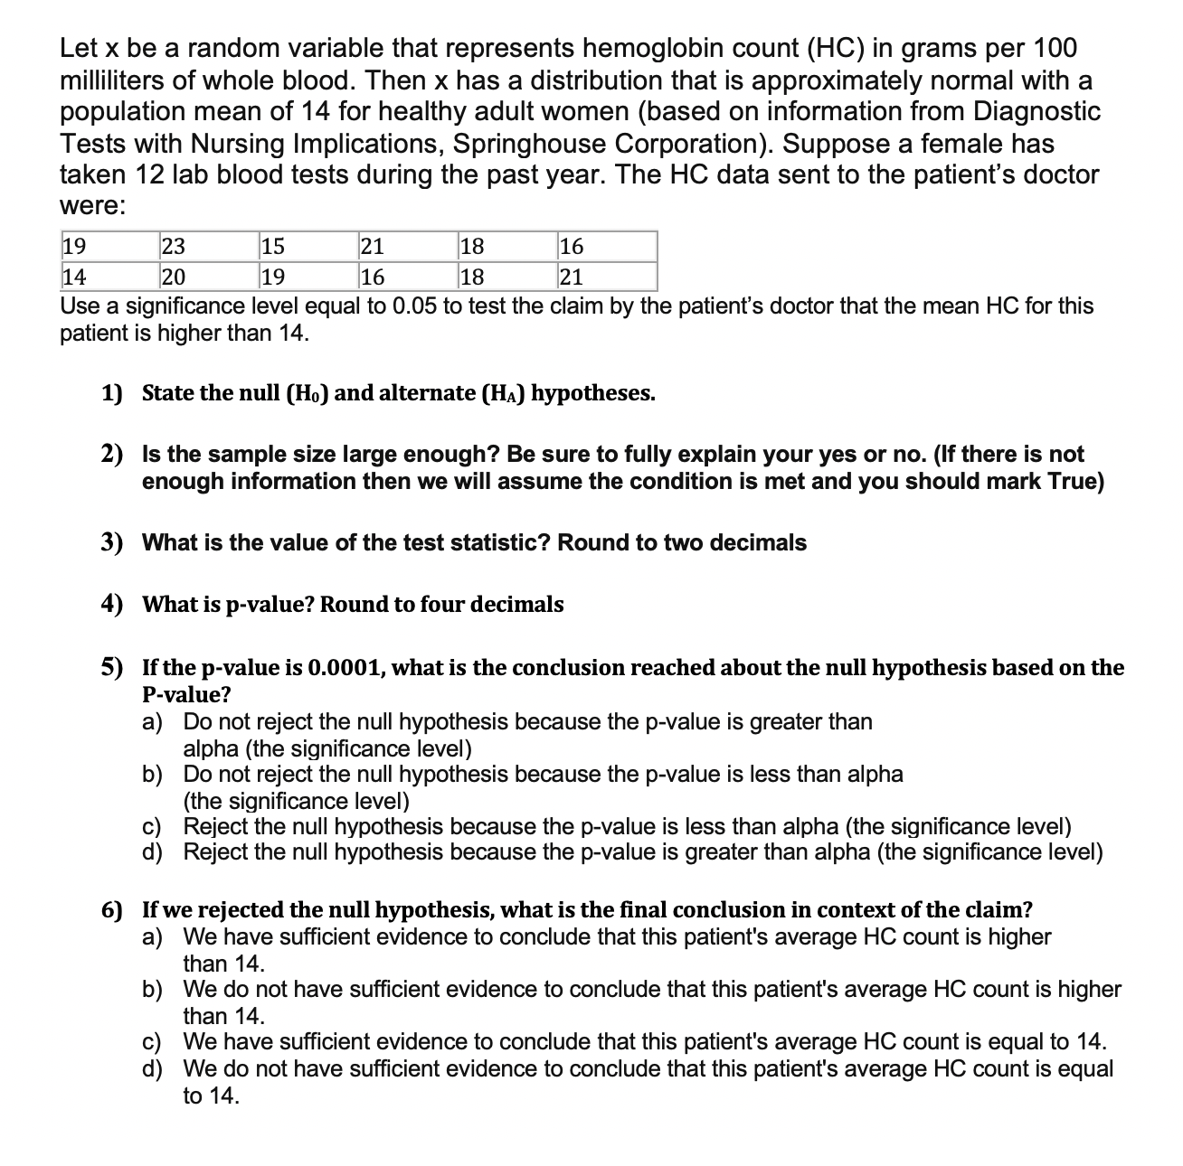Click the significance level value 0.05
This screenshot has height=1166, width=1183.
(x=415, y=306)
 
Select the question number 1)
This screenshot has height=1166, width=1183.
(x=111, y=393)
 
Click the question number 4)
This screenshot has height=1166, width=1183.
(x=111, y=604)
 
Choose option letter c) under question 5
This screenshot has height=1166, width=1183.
(x=153, y=826)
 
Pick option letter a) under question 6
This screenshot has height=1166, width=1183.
(x=153, y=936)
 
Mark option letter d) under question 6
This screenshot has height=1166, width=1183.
(x=153, y=1068)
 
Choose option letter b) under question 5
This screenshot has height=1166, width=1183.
(x=153, y=775)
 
